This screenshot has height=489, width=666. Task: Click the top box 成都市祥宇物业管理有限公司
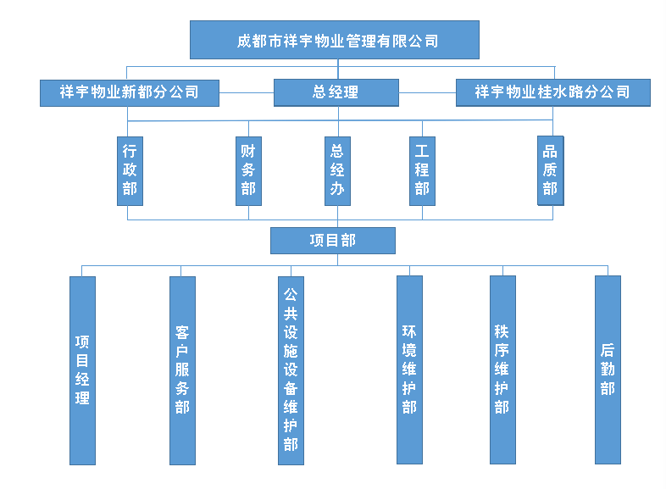pyautogui.click(x=335, y=40)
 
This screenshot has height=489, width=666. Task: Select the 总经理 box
pyautogui.click(x=336, y=92)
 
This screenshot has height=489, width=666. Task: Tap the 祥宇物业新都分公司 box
pyautogui.click(x=129, y=92)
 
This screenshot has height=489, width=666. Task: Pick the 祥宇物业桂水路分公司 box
pyautogui.click(x=552, y=92)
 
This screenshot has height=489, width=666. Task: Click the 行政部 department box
pyautogui.click(x=130, y=170)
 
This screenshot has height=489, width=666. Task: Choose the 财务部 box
pyautogui.click(x=248, y=170)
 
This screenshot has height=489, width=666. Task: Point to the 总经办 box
pyautogui.click(x=337, y=170)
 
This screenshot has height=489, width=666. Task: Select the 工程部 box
pyautogui.click(x=422, y=170)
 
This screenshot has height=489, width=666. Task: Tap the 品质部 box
pyautogui.click(x=550, y=170)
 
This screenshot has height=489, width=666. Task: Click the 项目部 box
pyautogui.click(x=333, y=241)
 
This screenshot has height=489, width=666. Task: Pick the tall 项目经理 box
pyautogui.click(x=82, y=370)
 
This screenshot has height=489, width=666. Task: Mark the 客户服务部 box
pyautogui.click(x=182, y=370)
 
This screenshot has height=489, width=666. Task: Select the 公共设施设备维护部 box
pyautogui.click(x=291, y=370)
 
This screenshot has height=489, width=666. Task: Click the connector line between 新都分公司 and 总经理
pyautogui.click(x=246, y=92)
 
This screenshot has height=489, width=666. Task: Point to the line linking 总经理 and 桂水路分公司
pyautogui.click(x=427, y=92)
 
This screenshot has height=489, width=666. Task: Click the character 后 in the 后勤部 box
pyautogui.click(x=608, y=350)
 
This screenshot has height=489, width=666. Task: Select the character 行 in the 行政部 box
pyautogui.click(x=130, y=152)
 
